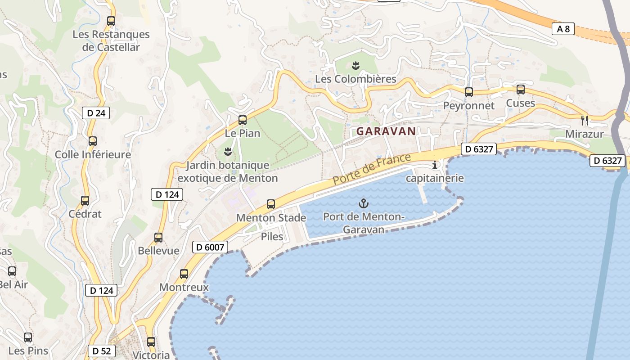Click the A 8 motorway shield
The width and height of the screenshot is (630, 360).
pos(563,29)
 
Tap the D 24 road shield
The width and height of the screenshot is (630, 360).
pos(96,113)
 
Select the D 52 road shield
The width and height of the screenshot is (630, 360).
pos(102,351)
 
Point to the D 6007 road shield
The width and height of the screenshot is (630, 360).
pos(210,247)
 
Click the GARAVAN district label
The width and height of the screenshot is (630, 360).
pos(386,131)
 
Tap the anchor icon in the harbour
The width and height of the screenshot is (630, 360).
pos(363,203)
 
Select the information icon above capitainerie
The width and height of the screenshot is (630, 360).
pos(435,165)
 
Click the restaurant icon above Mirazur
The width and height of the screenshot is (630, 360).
pos(585,120)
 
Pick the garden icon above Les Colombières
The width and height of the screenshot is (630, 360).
pos(355,66)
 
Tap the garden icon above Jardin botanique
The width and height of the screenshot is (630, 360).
pos(228,152)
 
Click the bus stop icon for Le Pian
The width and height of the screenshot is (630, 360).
pos(243,120)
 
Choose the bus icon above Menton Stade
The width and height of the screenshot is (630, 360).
pos(271,204)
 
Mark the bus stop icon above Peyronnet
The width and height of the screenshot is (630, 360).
pos(469,92)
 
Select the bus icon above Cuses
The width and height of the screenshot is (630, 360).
pos(521,90)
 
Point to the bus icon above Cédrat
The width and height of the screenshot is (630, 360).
pos(85,201)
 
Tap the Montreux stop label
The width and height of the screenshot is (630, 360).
pos(184,288)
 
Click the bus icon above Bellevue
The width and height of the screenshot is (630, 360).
pos(158,238)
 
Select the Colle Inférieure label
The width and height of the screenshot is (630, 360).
pos(93,155)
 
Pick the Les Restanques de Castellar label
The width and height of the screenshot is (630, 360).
pos(111,40)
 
